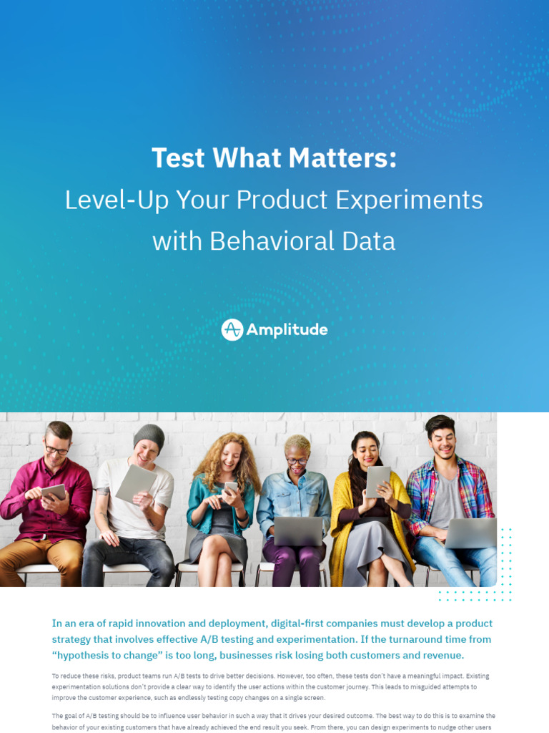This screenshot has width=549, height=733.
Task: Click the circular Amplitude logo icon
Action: point(232,330)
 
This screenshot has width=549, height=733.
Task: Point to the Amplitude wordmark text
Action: point(287,330)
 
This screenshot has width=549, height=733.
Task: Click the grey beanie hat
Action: point(149,435)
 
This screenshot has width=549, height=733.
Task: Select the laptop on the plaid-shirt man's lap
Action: point(470,533)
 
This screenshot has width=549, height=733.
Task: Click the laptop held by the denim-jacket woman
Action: point(298,531)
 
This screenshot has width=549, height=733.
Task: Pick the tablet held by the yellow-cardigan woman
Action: point(378,481)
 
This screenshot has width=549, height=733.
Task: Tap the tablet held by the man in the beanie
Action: point(135,483)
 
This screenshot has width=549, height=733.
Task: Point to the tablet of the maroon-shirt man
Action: point(53,492)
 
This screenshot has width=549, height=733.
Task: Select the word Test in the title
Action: point(177,158)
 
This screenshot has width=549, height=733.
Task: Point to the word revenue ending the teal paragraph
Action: point(441,655)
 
